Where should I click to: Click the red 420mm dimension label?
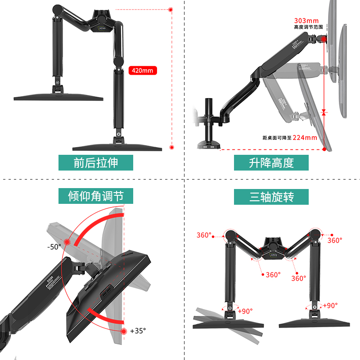pyautogui.click(x=143, y=71)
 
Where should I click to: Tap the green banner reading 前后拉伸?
pyautogui.click(x=95, y=162)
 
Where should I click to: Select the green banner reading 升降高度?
pyautogui.click(x=271, y=162)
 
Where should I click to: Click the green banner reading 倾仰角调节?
pyautogui.click(x=95, y=196)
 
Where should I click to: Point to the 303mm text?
pyautogui.click(x=306, y=21)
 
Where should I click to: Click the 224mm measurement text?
pyautogui.click(x=305, y=138)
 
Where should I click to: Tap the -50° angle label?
pyautogui.click(x=54, y=247)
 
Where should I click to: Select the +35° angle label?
pyautogui.click(x=138, y=331)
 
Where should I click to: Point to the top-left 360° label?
pyautogui.click(x=203, y=235)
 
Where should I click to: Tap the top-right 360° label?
pyautogui.click(x=334, y=241)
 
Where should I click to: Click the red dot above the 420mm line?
pyautogui.click(x=171, y=9)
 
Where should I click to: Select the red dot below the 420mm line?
pyautogui.click(x=171, y=147)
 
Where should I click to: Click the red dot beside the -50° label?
pyautogui.click(x=67, y=242)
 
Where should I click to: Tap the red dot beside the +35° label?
pyautogui.click(x=124, y=331)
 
